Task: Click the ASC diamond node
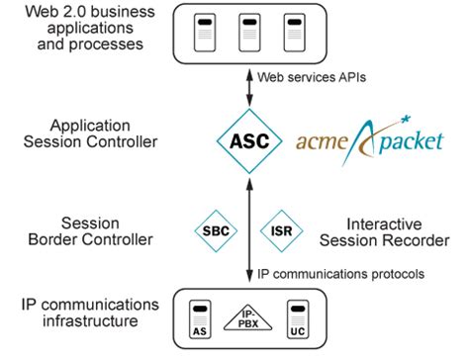[x=247, y=140]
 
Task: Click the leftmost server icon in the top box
[x=204, y=32]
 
